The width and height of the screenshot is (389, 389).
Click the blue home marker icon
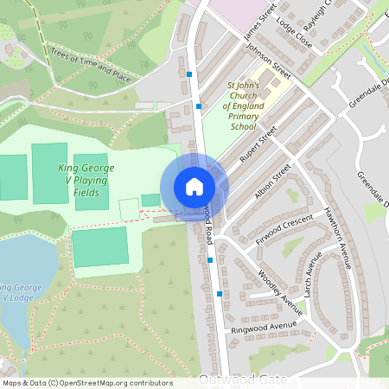[x=194, y=187]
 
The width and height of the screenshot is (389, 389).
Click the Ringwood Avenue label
[x=264, y=328]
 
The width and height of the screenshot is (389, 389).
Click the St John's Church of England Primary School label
[x=244, y=106]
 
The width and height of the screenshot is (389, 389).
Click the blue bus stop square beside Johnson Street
[x=199, y=106]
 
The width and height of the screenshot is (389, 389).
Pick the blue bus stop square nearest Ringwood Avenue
[x=220, y=295]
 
